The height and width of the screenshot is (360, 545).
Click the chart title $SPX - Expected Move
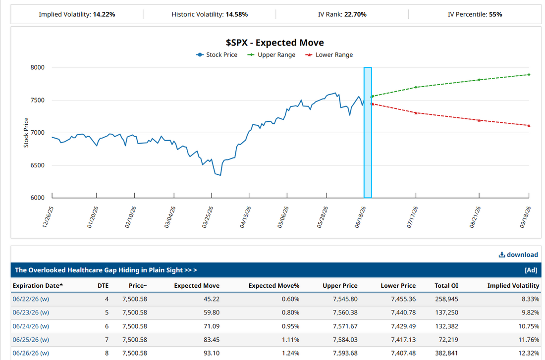274,43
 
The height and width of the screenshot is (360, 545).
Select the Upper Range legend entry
271,55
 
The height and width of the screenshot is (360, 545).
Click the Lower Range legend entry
329,55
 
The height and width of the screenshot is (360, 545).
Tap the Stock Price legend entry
217,55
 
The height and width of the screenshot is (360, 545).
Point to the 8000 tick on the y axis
38,67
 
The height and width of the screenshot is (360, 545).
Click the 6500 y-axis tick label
38,165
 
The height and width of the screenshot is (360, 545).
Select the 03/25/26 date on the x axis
208,217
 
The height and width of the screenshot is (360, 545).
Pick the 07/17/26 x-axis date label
412,217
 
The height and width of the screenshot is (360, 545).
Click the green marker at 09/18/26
529,75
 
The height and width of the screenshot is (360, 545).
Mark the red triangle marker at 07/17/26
416,112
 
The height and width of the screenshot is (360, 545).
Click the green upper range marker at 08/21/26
479,80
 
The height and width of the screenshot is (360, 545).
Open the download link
518,255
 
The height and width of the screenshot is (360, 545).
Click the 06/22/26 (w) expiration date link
31,299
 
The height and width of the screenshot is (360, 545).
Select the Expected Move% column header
274,286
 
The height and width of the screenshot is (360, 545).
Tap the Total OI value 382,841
446,353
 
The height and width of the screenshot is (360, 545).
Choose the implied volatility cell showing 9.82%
531,312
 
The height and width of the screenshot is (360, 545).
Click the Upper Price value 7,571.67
345,326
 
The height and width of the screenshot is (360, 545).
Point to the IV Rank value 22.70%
355,14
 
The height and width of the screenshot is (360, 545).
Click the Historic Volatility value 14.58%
237,14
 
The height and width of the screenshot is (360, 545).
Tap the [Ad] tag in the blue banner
531,270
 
